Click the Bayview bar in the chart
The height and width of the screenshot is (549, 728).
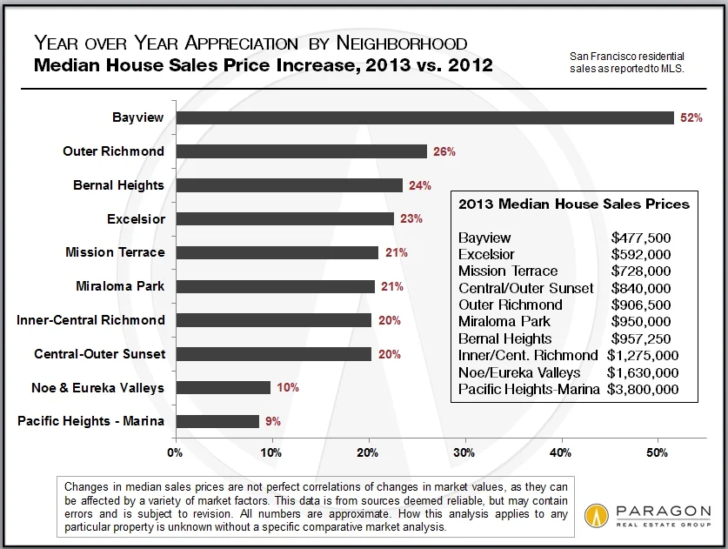click(424, 117)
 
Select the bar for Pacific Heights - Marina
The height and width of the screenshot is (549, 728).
click(217, 422)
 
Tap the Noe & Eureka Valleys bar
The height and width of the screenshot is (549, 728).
click(222, 388)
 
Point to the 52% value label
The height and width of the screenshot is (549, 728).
click(691, 117)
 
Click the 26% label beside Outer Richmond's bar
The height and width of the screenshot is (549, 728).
click(444, 151)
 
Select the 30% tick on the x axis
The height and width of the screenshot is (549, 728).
click(464, 452)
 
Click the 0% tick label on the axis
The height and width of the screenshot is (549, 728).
click(175, 452)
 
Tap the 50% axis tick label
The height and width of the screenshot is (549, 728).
click(657, 452)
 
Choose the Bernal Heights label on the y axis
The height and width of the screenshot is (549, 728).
click(118, 184)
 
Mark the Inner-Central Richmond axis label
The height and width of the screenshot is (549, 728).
click(90, 320)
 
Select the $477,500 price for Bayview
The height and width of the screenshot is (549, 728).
click(640, 238)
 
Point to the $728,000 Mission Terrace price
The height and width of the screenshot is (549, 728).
click(640, 271)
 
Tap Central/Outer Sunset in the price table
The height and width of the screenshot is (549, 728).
click(525, 288)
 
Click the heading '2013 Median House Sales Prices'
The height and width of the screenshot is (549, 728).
click(572, 204)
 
